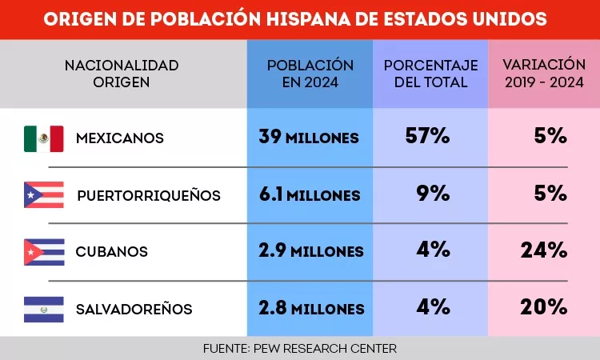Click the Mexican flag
(44, 138)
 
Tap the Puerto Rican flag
(44, 195)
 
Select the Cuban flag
(44, 252)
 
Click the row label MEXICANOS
(119, 138)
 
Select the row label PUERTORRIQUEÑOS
(148, 195)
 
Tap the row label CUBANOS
(111, 252)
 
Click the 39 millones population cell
(309, 138)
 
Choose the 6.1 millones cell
(310, 194)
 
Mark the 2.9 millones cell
(310, 251)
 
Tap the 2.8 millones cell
(310, 308)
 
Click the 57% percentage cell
(427, 136)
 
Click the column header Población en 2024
(310, 73)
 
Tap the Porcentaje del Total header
(430, 73)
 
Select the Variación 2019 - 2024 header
(542, 73)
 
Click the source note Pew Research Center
(300, 349)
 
